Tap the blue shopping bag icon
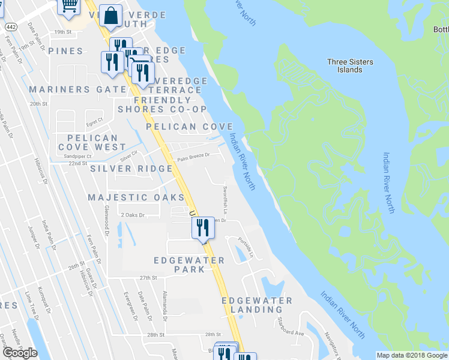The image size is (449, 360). click(x=111, y=16)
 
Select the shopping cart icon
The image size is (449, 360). click(x=69, y=6)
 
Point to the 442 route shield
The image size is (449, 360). click(x=11, y=27)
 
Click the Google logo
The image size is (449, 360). click(x=20, y=353)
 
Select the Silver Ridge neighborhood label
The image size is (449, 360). click(x=131, y=169)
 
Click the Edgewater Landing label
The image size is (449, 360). click(x=256, y=305)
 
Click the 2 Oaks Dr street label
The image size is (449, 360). click(x=133, y=214)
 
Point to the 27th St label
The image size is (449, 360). click(x=148, y=278)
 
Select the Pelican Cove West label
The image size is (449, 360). click(x=92, y=142)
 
